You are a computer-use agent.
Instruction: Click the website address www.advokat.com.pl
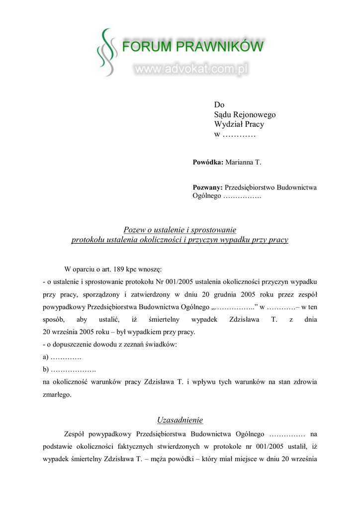click(191, 70)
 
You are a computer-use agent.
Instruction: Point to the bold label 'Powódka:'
click(208, 162)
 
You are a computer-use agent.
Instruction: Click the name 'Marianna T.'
click(243, 162)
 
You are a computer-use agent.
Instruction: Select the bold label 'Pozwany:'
click(208, 187)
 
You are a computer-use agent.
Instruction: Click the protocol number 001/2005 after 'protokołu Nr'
click(182, 282)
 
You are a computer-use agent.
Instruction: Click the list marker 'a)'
click(46, 357)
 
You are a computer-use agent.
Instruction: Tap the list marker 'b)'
click(46, 370)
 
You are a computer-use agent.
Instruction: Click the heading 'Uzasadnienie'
click(180, 420)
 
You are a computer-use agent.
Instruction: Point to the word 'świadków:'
click(162, 344)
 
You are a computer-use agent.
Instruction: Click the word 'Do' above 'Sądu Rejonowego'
click(219, 105)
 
